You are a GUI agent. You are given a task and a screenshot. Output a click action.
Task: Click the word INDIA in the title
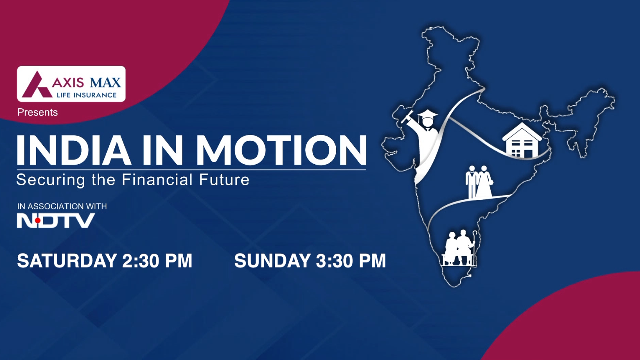click(x=74, y=150)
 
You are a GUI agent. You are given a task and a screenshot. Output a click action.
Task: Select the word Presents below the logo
click(x=38, y=112)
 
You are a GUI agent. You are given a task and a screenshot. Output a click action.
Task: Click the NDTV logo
click(x=56, y=221)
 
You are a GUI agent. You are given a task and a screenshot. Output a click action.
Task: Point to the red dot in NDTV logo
click(x=38, y=220)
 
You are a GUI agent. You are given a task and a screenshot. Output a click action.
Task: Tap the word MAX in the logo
click(x=105, y=82)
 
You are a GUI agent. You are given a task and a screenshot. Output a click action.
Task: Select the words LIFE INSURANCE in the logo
click(x=87, y=95)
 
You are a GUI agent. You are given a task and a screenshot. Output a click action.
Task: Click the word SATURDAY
click(x=67, y=261)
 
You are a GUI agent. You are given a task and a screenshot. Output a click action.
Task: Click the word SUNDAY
click(x=272, y=261)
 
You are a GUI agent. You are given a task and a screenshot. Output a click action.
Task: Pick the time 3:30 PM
click(x=351, y=261)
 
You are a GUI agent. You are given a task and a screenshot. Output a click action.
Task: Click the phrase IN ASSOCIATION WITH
click(x=62, y=206)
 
